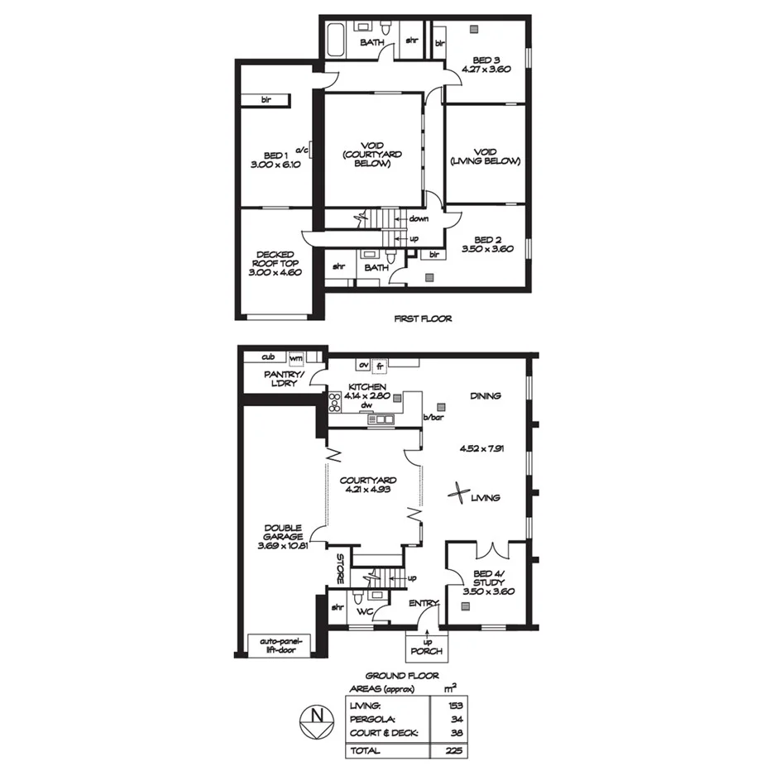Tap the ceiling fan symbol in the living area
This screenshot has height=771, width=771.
(x=456, y=494)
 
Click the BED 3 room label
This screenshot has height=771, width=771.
(x=486, y=65)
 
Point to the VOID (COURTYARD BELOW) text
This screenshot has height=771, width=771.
(x=372, y=155)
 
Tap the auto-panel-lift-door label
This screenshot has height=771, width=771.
(x=282, y=646)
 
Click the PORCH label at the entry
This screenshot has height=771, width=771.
(x=427, y=651)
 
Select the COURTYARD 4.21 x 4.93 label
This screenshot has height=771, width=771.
(x=368, y=485)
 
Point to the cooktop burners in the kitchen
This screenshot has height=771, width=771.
(x=335, y=403)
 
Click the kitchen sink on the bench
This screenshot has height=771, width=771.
(x=381, y=420)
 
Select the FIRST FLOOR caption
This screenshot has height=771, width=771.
(x=424, y=318)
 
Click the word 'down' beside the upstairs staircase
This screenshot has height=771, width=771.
(x=419, y=219)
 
